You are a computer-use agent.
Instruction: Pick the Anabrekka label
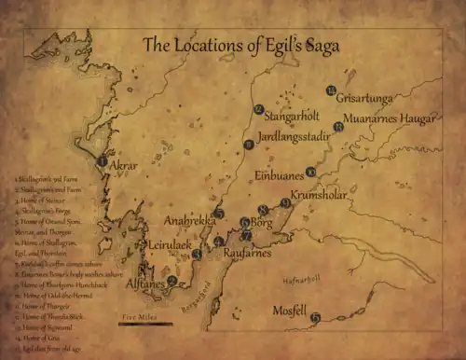[x=189, y=221]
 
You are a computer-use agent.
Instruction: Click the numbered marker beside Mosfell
[x=316, y=318]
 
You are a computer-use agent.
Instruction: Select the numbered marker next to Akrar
[x=101, y=161]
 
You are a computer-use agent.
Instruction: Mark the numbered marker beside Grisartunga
[x=331, y=90]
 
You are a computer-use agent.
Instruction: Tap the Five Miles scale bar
[x=145, y=324]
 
